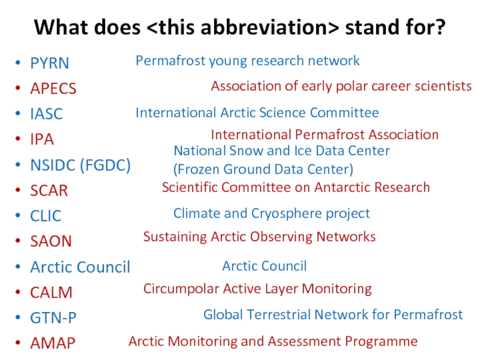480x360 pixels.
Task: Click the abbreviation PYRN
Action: pos(50,64)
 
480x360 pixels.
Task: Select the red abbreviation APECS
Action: pos(53,89)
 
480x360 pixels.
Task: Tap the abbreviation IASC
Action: pos(47,114)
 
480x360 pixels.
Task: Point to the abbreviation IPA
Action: pos(42,139)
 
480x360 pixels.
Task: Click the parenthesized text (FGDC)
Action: pos(106,166)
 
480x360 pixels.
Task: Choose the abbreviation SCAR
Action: pos(49,190)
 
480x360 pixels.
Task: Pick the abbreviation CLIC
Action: pos(46,216)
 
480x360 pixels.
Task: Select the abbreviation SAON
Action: pos(51,241)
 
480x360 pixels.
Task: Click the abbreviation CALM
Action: pos(51,292)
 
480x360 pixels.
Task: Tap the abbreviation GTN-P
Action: pos(53,318)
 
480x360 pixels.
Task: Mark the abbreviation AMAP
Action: pos(53,343)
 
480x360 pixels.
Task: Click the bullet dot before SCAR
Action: pos(18,190)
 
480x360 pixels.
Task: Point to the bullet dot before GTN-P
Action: pos(18,317)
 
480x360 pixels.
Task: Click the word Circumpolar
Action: pos(181,289)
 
